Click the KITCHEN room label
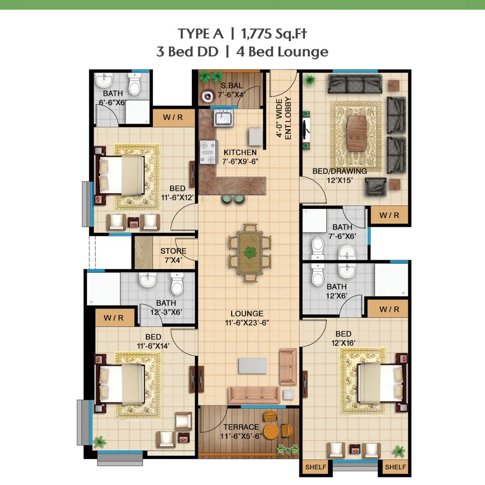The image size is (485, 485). point(240,153)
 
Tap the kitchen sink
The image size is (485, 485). point(223,118)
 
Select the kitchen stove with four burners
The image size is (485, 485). point(207,152)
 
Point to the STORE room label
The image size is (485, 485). point(173,251)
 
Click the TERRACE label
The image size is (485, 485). point(241,427)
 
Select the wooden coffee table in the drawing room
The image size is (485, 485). point(357,133)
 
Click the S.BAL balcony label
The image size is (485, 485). point(232,86)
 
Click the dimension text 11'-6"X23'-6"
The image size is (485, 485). point(247,323)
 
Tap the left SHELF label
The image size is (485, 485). point(315,467)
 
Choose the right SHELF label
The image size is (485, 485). point(395,467)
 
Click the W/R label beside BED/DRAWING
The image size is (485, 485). point(389,216)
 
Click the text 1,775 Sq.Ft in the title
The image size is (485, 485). point(274,34)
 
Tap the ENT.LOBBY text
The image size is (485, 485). point(288,118)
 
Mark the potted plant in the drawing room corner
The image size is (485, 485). point(309,81)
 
